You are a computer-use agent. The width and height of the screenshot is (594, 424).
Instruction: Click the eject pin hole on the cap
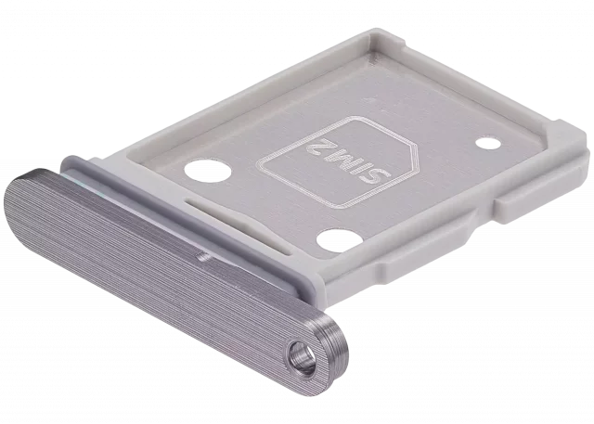(x=302, y=359)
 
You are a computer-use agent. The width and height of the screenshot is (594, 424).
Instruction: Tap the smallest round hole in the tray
(x=488, y=144)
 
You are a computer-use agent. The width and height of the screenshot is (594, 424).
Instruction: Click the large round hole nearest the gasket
(x=208, y=171)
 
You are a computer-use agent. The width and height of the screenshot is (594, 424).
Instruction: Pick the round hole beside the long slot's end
(x=338, y=240)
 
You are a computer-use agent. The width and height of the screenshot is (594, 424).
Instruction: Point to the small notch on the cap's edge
(x=205, y=257)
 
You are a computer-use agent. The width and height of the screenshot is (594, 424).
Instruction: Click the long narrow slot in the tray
(x=239, y=226)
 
